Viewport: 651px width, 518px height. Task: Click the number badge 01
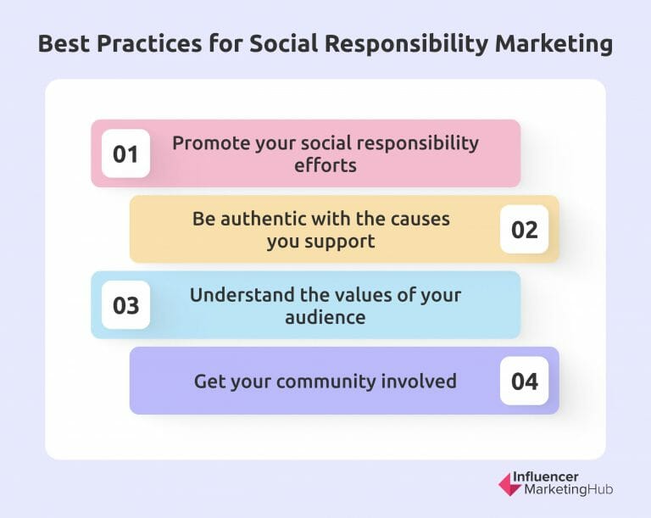[x=125, y=154]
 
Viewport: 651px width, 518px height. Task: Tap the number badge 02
[x=525, y=230]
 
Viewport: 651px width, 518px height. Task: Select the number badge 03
[x=125, y=305]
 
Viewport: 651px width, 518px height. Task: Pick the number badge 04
[x=525, y=381]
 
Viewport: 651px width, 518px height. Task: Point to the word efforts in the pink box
[x=325, y=164]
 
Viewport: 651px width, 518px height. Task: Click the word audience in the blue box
[x=325, y=317]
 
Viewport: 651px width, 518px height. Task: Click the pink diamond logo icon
[x=510, y=483]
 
